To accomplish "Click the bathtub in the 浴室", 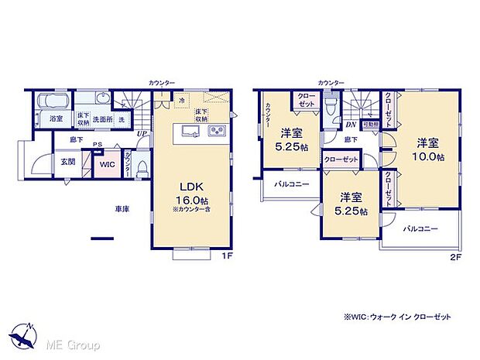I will [50, 101].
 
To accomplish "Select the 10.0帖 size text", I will [428, 157].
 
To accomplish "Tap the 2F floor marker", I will [456, 255].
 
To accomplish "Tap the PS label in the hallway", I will [98, 144].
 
